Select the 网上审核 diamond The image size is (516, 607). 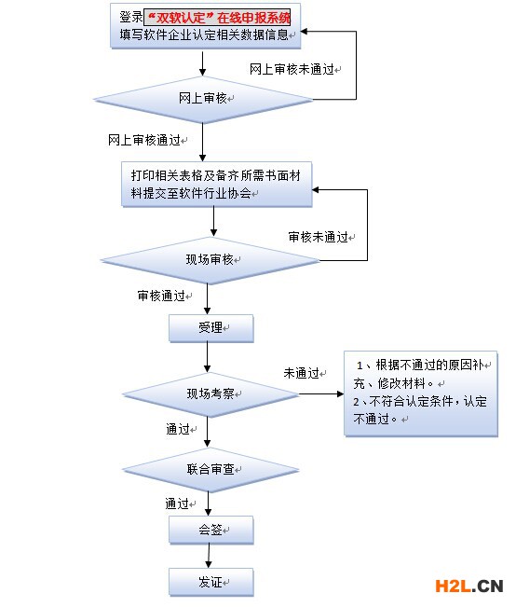(x=203, y=99)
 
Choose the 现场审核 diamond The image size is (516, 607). (x=213, y=258)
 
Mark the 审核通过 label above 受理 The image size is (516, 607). (x=163, y=296)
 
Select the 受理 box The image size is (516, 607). (x=210, y=328)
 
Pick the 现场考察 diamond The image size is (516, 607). (x=213, y=394)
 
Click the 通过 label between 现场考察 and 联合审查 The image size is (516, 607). (x=179, y=430)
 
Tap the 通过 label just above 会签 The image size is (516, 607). (x=179, y=504)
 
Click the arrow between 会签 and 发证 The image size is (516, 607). (x=208, y=556)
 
